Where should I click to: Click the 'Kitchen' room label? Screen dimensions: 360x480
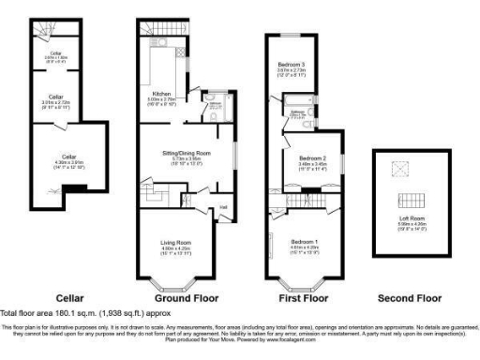click(153, 94)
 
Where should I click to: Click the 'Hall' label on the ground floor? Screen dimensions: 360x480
click(223, 207)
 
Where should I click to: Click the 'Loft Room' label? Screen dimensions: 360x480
click(411, 218)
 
